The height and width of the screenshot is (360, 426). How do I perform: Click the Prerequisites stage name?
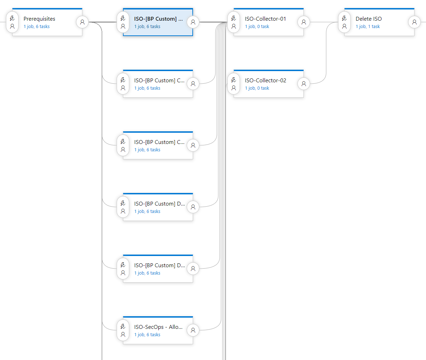point(39,19)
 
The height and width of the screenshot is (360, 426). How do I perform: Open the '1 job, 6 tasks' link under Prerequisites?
point(36,27)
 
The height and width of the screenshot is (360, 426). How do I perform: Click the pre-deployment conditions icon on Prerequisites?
point(12,22)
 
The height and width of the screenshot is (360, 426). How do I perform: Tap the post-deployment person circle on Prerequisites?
point(82,22)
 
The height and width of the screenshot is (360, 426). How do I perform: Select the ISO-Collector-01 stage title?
point(265,19)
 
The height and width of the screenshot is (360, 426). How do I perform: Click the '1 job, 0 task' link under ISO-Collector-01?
point(257,27)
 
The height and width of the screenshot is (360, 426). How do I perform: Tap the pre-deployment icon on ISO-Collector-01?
point(234,22)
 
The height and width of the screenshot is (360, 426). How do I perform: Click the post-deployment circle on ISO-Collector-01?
point(304,22)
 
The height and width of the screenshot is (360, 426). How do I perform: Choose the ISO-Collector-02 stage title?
point(265,81)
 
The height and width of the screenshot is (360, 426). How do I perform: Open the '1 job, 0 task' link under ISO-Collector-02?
point(257,88)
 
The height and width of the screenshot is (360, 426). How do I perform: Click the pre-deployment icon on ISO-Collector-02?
point(234,84)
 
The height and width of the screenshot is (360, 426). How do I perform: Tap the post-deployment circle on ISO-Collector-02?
point(304,84)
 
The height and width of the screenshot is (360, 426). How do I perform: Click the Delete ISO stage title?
point(369,19)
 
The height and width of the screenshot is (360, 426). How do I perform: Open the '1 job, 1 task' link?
point(367,27)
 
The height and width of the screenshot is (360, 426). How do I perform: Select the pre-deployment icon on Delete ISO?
point(344,22)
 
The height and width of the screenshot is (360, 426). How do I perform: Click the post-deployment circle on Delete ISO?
point(414,22)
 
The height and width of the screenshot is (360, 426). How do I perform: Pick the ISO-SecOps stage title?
point(158,327)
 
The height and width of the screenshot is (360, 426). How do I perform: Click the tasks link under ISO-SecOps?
point(147,335)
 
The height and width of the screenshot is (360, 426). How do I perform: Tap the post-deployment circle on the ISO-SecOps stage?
point(193,330)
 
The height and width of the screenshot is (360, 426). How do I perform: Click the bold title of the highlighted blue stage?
point(158,19)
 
